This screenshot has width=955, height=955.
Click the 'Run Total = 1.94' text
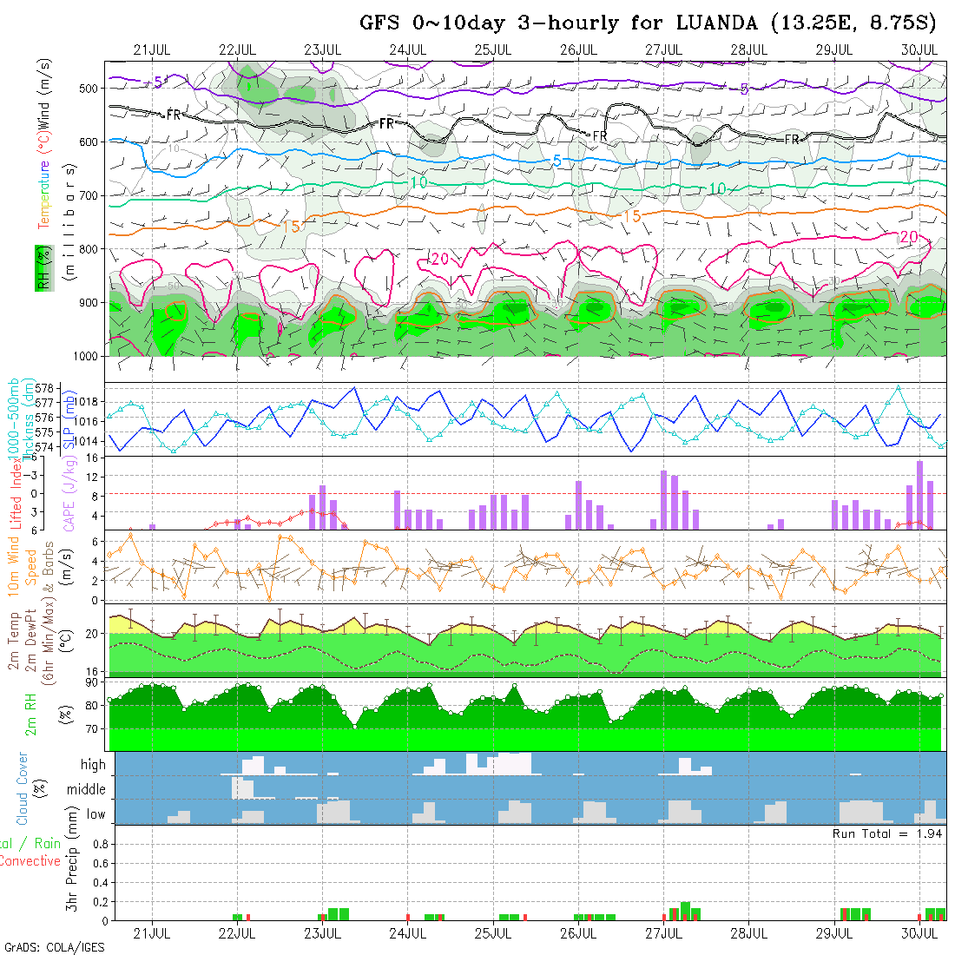(887, 833)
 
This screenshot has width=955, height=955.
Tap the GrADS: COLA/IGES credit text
(54, 947)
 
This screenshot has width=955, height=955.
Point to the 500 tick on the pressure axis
(89, 88)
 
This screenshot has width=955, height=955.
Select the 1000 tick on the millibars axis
(85, 356)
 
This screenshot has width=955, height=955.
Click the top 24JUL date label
(407, 49)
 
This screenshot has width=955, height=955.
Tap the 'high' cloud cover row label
(93, 765)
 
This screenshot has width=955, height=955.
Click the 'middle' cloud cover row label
(86, 790)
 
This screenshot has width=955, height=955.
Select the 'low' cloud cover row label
(95, 815)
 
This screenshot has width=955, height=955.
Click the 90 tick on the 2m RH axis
(90, 682)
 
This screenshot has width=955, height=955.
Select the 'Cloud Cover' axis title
(23, 788)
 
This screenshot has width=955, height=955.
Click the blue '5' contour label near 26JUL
(557, 161)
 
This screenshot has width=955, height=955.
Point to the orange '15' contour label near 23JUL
(292, 227)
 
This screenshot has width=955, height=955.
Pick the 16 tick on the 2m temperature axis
(91, 671)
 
